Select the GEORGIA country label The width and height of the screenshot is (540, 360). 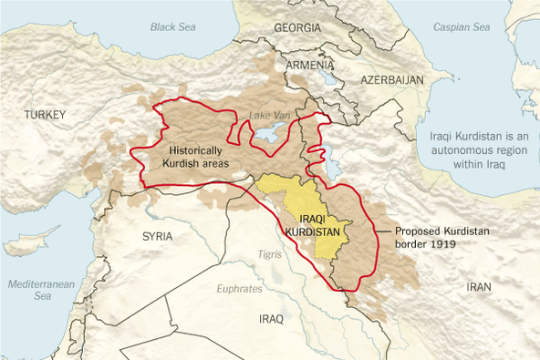(x=297, y=27)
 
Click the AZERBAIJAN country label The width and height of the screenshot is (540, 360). (x=392, y=80)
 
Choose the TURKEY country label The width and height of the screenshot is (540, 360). (x=48, y=114)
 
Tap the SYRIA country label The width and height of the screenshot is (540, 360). (x=157, y=235)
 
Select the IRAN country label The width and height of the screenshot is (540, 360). (x=479, y=286)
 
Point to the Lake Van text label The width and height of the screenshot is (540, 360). (x=271, y=116)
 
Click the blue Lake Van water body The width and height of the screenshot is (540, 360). (x=268, y=135)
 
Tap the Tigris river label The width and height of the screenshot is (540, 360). (x=270, y=253)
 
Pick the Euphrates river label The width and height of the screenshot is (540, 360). (x=240, y=289)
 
